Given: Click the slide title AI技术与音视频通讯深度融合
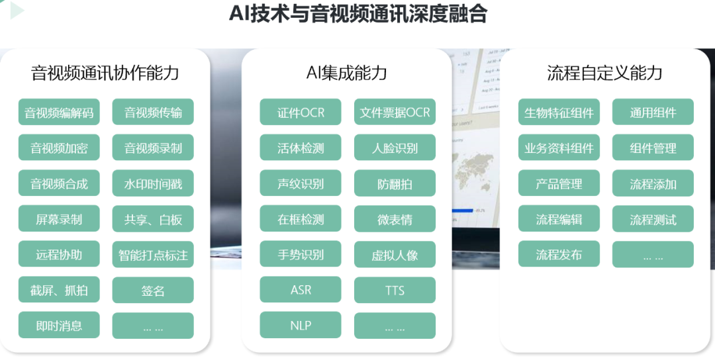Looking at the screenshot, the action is pos(358,14).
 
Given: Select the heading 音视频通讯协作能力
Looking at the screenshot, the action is pos(105,73).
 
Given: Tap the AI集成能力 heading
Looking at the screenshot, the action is pos(346,73).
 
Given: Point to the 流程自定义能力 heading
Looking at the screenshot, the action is pos(604,73).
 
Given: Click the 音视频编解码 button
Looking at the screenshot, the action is pos(59,112).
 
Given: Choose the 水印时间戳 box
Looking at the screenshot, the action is pos(153,183).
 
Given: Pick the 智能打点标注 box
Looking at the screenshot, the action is pos(153,254).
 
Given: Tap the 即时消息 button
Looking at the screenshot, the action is pos(59,325).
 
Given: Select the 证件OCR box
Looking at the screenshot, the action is pos(301,112).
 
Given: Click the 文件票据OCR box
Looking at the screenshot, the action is pos(395,112).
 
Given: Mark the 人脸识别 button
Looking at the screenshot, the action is pos(395,148).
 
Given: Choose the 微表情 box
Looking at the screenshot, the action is pos(395,219).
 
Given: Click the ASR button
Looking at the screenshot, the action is pos(301,289).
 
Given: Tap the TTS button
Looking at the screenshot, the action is pos(395,290).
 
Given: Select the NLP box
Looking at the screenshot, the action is pos(301,325).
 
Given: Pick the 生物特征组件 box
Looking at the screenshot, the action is pos(559,112).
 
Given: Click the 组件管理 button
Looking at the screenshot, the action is pos(653,148).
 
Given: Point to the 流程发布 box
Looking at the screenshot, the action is pos(559,254).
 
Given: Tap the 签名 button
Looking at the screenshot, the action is pos(153,290).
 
